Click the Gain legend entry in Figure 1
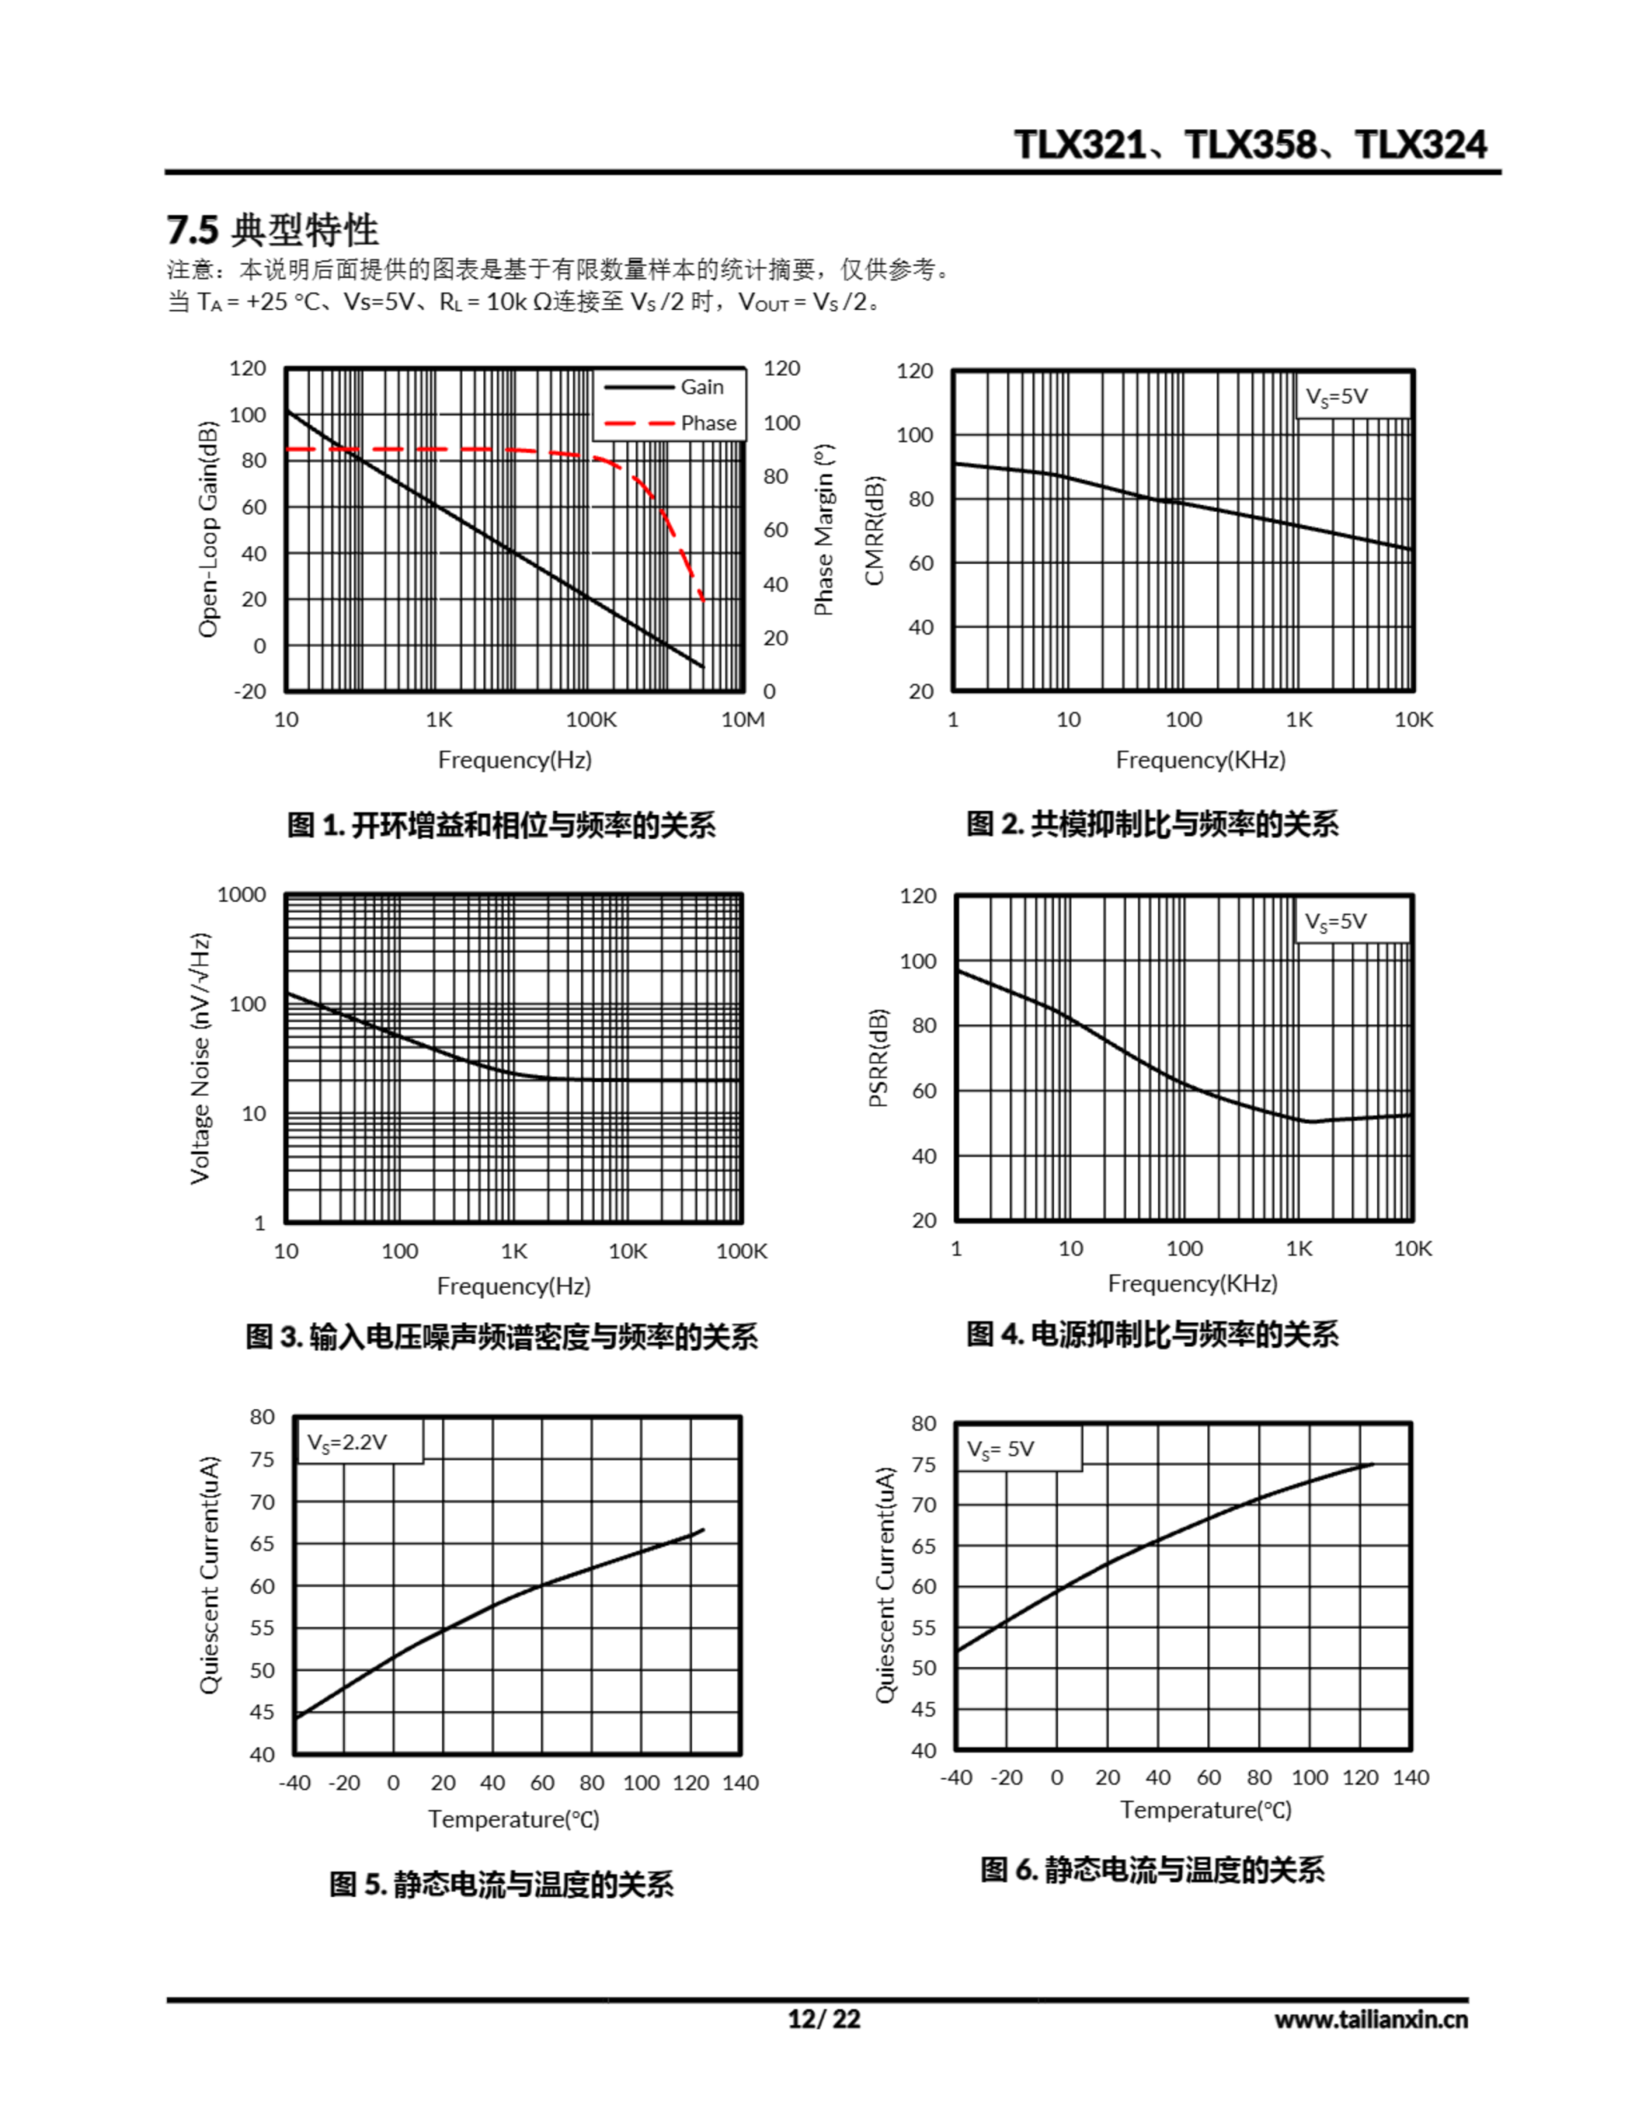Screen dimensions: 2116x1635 coord(701,387)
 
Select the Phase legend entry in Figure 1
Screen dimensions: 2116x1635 coord(708,422)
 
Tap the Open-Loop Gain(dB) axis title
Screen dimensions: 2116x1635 coord(207,529)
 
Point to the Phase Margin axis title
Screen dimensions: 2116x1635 coord(824,530)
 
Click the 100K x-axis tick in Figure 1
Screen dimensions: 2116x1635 coord(590,720)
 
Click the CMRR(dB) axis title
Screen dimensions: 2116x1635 coord(875,531)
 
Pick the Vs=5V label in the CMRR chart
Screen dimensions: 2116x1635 coord(1337,396)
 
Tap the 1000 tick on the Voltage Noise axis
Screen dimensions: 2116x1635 coord(241,894)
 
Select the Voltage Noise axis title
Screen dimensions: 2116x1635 coord(200,1058)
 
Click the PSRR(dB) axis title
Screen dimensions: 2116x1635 coord(877,1057)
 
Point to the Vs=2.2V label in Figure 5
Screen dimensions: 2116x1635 coord(347,1442)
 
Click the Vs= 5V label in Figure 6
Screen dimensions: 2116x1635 coord(1001,1450)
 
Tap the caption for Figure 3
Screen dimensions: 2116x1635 coord(501,1337)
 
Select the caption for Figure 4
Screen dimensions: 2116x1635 coord(1152,1334)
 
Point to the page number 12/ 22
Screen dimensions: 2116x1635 coord(824,2018)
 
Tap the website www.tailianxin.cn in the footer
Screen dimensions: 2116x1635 coord(1370,2019)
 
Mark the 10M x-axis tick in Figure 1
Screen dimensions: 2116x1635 coord(743,720)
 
